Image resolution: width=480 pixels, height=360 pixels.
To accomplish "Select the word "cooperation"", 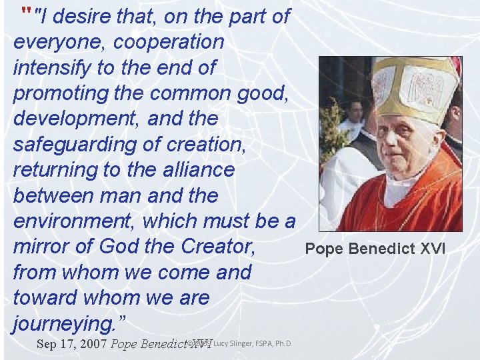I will tap(169, 42).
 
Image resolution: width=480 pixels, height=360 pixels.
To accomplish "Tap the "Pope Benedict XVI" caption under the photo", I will tap(375, 250).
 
